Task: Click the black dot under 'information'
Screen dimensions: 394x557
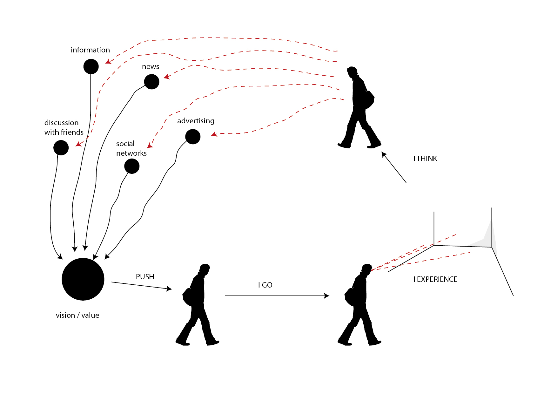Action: tap(91, 66)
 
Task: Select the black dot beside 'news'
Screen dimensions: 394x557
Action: tap(152, 82)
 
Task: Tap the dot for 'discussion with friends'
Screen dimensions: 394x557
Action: tap(61, 148)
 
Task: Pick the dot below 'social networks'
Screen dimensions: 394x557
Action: tap(132, 166)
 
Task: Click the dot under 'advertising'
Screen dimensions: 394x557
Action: tap(193, 137)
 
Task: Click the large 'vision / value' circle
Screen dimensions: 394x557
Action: tap(83, 279)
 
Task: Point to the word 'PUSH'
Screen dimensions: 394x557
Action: tap(145, 277)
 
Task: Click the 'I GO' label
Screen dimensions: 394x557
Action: tap(265, 285)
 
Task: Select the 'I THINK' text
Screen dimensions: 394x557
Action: tap(425, 159)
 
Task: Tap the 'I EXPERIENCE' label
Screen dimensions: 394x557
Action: tap(435, 279)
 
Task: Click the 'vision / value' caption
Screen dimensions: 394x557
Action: tap(77, 315)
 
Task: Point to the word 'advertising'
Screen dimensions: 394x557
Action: tap(196, 121)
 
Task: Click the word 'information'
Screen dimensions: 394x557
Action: tap(90, 50)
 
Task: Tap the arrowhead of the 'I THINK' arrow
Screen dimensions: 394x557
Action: tap(384, 154)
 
